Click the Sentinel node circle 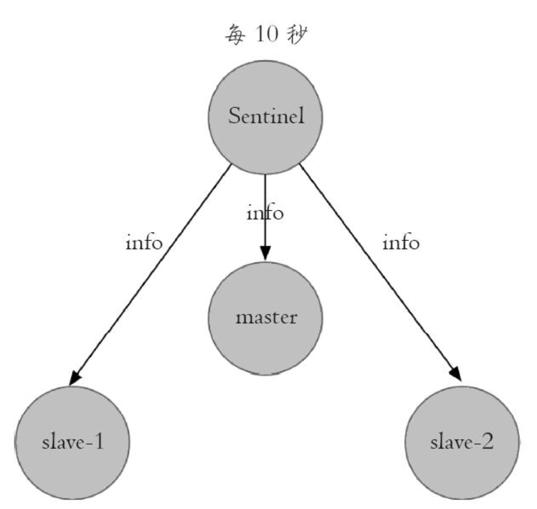(265, 117)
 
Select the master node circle (265, 318)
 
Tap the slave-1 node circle (72, 443)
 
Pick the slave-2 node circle (462, 443)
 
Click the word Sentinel (266, 116)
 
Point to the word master (266, 318)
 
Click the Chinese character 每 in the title (235, 34)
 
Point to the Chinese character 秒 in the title (298, 34)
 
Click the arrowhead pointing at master (265, 253)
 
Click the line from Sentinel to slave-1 (150, 275)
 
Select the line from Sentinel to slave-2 (381, 273)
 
